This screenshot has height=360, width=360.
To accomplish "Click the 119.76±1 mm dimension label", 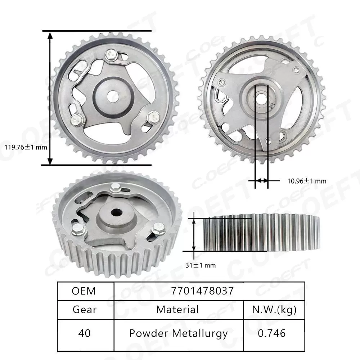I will [26, 147].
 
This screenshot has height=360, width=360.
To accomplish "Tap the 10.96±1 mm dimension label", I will [307, 181].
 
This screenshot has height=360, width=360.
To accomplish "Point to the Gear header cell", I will [85, 309].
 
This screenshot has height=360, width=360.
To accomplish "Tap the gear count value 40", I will [85, 333].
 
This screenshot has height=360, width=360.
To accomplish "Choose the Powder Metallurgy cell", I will [178, 333].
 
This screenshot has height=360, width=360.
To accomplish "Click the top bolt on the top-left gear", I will [111, 55].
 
